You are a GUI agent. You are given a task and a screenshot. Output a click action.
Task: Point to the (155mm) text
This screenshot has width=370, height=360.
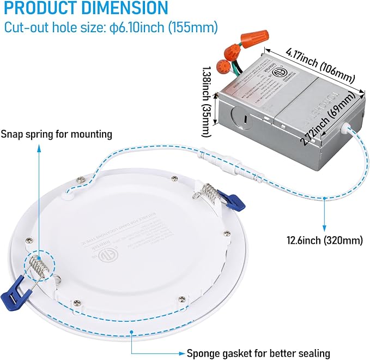195,27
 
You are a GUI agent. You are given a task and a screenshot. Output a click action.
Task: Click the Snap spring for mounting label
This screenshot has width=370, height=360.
57,134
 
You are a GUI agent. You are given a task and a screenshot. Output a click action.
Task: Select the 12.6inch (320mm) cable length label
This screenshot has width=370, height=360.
325,239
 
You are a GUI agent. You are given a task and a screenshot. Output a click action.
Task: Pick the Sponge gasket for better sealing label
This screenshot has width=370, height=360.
258,338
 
